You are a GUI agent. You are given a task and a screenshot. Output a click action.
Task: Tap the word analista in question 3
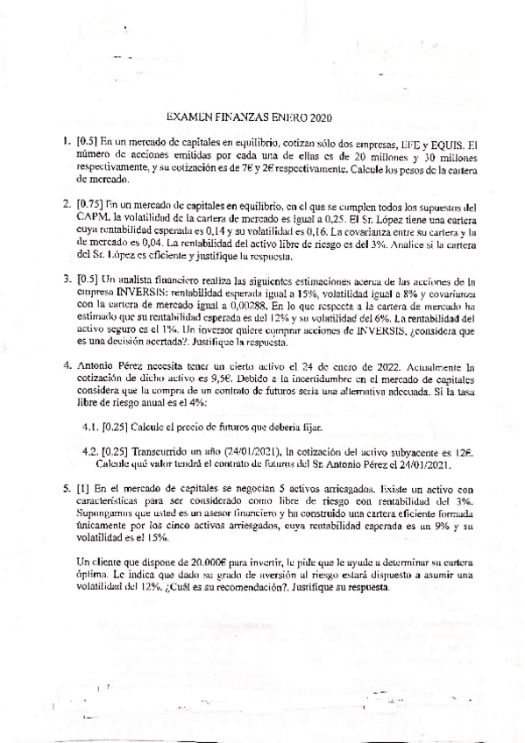(x=144, y=280)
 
